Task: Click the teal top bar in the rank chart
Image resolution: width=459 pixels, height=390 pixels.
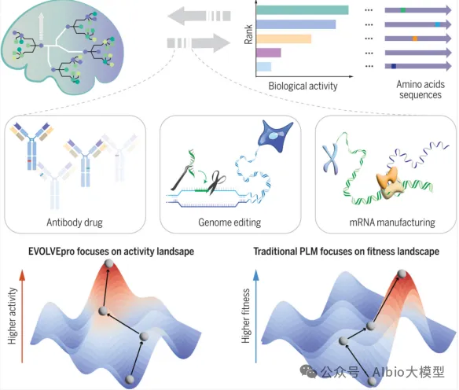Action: pyautogui.click(x=303, y=10)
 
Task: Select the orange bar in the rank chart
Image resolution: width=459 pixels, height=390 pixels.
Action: pyautogui.click(x=284, y=39)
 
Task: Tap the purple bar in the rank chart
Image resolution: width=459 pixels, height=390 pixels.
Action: pyautogui.click(x=269, y=53)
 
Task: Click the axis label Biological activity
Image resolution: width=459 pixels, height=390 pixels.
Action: pyautogui.click(x=303, y=86)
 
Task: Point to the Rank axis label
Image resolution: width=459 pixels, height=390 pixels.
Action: pyautogui.click(x=248, y=35)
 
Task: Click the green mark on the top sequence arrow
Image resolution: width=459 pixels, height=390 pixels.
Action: pyautogui.click(x=403, y=10)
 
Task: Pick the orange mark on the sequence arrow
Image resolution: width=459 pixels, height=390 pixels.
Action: pyautogui.click(x=415, y=39)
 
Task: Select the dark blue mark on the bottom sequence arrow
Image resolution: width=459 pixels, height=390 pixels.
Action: pyautogui.click(x=394, y=67)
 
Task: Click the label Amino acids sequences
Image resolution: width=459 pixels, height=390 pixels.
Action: pyautogui.click(x=420, y=90)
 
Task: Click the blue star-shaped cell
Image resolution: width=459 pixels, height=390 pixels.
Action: pyautogui.click(x=274, y=135)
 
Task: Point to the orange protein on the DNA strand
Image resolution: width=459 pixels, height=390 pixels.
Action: pyautogui.click(x=389, y=182)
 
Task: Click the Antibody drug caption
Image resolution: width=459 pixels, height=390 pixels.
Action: pyautogui.click(x=75, y=223)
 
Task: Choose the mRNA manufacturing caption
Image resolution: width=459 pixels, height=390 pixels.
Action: pyautogui.click(x=392, y=223)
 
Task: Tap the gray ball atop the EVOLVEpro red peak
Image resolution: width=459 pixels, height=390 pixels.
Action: pyautogui.click(x=109, y=263)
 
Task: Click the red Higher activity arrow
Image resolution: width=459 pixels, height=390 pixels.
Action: pyautogui.click(x=22, y=316)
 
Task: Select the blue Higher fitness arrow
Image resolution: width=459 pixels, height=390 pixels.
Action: pyautogui.click(x=256, y=316)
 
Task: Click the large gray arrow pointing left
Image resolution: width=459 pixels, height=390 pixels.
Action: pyautogui.click(x=199, y=16)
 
